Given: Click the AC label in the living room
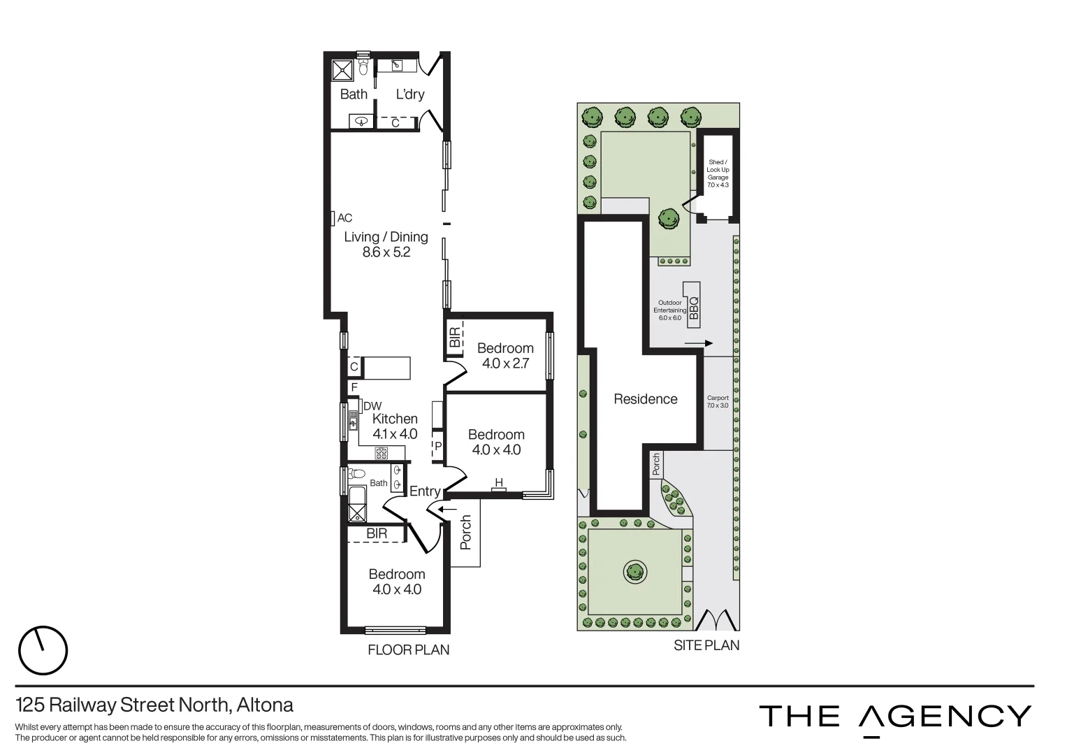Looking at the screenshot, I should tap(344, 218).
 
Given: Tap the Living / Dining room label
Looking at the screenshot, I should tap(386, 245).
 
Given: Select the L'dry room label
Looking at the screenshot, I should tap(410, 94).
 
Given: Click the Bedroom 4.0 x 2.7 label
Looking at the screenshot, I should tap(505, 356).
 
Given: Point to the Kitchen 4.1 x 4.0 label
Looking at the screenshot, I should tap(395, 426).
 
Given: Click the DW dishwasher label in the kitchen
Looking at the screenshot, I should tap(372, 406).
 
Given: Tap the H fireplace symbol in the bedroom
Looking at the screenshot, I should tap(499, 483).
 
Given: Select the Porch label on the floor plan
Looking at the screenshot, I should tap(466, 532).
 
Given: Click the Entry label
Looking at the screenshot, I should tap(425, 491).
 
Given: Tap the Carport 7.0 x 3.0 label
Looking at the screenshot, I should tap(718, 401).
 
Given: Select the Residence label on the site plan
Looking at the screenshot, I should tap(645, 399).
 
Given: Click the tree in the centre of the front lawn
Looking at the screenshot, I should tap(634, 572).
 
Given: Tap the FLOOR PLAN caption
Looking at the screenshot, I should tap(409, 650).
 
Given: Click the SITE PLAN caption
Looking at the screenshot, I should tap(706, 645).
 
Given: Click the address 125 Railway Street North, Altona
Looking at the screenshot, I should tap(154, 705).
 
